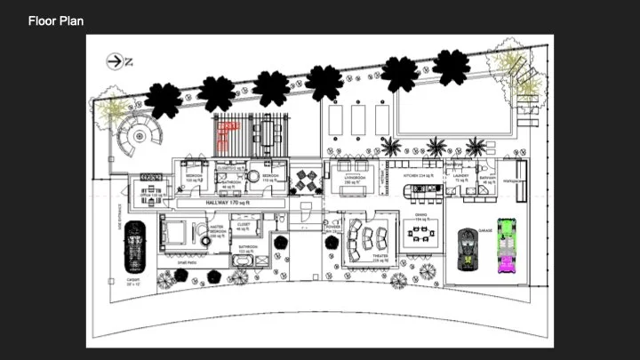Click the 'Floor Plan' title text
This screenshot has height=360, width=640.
[x=56, y=20]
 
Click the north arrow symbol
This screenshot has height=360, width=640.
[x=117, y=60]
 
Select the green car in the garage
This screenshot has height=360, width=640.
[x=505, y=246]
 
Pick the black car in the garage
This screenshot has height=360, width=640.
[x=466, y=250]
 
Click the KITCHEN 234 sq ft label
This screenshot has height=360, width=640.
[x=418, y=176]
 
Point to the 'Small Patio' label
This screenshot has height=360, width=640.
[x=187, y=262]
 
